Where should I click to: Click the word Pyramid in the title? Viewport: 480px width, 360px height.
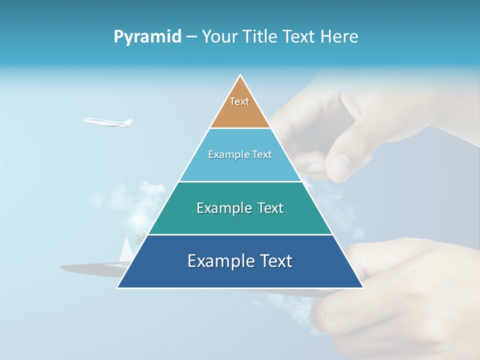point(147,37)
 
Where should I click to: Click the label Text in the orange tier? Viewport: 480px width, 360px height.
point(239,101)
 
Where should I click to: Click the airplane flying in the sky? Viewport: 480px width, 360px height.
point(107,122)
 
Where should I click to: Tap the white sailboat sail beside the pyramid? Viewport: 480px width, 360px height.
point(126,248)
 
